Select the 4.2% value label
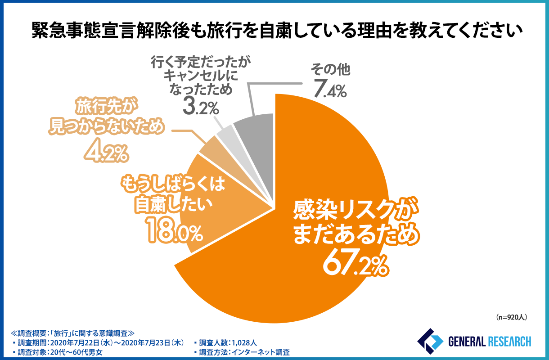[106, 152]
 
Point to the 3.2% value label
[200, 107]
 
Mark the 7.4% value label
[330, 89]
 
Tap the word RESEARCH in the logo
[507, 342]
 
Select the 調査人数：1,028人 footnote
[225, 342]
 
